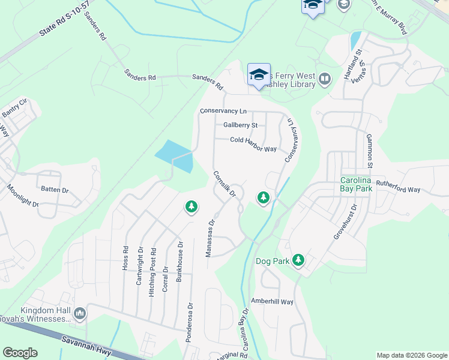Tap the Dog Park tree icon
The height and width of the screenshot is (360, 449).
tap(298, 261)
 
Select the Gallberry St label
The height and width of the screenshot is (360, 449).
tap(240, 125)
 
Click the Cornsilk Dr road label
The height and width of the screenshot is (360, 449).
tap(224, 184)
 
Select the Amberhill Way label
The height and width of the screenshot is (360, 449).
tap(272, 302)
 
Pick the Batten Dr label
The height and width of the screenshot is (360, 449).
tap(55, 190)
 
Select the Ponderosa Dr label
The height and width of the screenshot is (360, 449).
tap(190, 325)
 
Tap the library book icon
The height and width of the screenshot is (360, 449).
tap(325, 78)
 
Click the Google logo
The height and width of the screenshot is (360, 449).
tap(20, 353)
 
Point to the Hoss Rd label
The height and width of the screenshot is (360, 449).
tap(125, 258)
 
